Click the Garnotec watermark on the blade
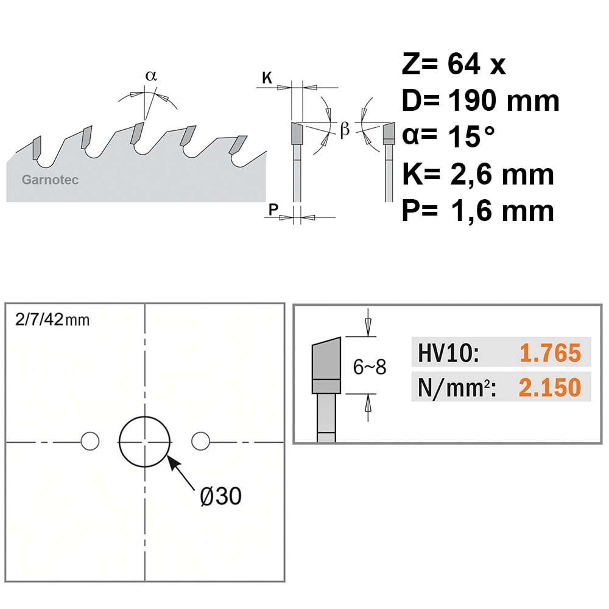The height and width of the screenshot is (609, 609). (x=50, y=180)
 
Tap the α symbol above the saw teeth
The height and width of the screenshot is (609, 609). (x=151, y=76)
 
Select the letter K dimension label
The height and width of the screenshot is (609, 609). (x=267, y=78)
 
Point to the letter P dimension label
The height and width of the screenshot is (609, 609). (x=273, y=209)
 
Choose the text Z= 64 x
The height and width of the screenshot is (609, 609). (x=454, y=64)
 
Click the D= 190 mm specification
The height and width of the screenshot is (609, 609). (x=481, y=100)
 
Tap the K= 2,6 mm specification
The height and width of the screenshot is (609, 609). (x=478, y=174)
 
